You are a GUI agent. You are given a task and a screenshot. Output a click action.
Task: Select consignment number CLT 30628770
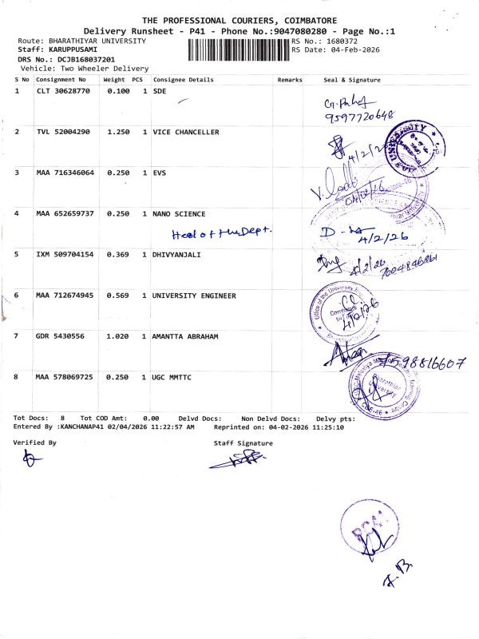point(63,92)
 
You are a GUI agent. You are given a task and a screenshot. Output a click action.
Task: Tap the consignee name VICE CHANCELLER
point(185,132)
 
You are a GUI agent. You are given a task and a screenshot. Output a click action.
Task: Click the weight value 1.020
point(117,336)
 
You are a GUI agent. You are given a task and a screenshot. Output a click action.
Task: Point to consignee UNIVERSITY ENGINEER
point(194,296)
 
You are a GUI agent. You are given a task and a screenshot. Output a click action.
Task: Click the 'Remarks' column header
point(289,80)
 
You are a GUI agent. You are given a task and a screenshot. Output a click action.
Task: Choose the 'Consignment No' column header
point(61,80)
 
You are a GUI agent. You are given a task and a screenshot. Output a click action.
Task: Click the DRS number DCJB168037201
point(80,59)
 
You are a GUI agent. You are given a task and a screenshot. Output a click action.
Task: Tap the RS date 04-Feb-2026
point(354,50)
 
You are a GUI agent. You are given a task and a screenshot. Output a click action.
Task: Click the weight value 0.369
point(117,254)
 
